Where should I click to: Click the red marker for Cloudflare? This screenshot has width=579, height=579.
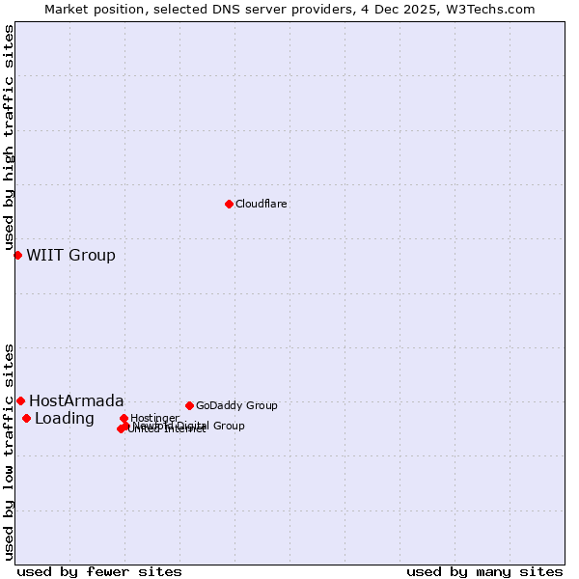point(229,204)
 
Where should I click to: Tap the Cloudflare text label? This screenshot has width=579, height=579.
point(262,204)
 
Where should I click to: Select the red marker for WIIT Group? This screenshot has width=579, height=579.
point(17,255)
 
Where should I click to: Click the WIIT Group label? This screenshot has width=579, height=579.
point(70,255)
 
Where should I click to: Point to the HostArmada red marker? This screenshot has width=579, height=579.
point(20,400)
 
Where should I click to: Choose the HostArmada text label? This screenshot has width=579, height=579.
point(76,400)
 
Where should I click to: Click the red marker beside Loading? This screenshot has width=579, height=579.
point(26,418)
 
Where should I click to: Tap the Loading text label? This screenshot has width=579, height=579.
point(64,418)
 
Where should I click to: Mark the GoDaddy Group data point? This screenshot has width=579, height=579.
point(189,405)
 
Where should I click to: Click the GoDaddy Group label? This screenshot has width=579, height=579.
point(236,405)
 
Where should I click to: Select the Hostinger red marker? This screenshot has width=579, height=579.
point(124,418)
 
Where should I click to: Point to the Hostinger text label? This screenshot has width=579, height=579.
point(154,418)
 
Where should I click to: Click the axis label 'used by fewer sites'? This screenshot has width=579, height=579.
point(99,571)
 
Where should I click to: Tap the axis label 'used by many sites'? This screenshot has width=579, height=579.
point(484,571)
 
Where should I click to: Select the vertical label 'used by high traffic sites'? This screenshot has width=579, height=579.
point(9,138)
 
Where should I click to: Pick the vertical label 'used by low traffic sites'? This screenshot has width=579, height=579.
point(9,451)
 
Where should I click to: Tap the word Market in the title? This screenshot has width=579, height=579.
point(66,9)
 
